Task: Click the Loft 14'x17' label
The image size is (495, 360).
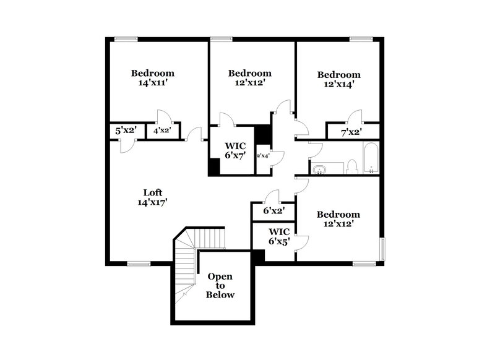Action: click(152, 197)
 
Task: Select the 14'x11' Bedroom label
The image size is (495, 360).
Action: click(152, 79)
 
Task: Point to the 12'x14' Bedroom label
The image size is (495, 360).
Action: click(338, 80)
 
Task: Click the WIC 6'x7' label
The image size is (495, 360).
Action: click(236, 150)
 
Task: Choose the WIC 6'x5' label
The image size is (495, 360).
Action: click(280, 237)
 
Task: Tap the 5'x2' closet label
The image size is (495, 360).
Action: click(126, 131)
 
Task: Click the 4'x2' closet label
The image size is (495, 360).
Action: click(162, 131)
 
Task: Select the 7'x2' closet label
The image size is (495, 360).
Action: click(351, 132)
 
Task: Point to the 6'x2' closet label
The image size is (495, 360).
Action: click(273, 210)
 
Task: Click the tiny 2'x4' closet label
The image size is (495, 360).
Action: click(262, 155)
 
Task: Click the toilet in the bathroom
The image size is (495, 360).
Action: click(352, 166)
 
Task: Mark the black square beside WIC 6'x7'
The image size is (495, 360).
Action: click(214, 167)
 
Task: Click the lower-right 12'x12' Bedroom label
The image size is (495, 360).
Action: click(338, 220)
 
